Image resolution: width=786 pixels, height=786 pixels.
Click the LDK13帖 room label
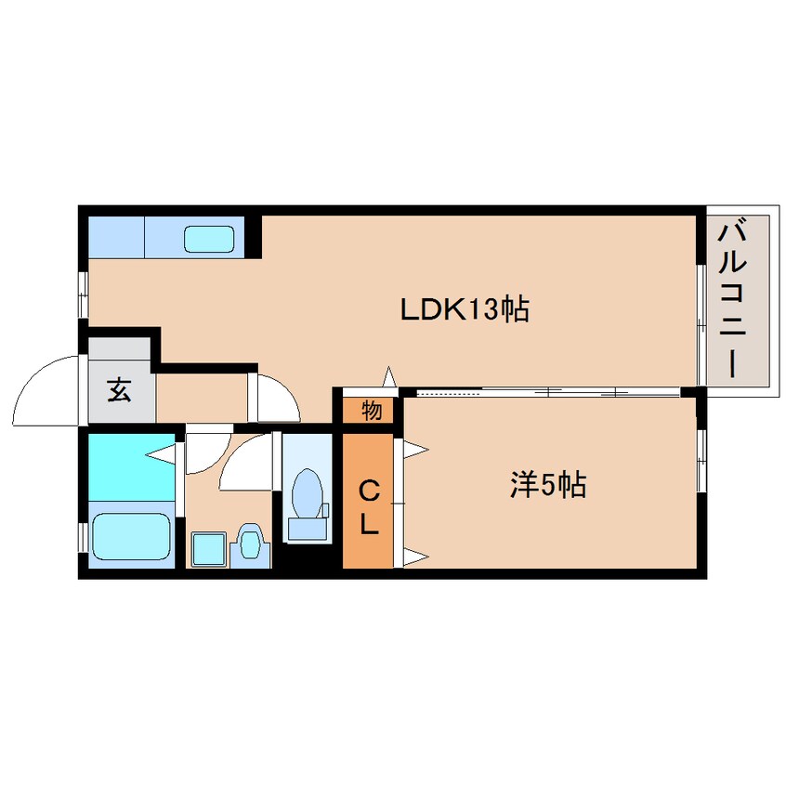tap(465, 309)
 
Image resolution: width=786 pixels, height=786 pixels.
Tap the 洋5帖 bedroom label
tap(548, 485)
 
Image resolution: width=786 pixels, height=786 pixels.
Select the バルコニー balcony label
tap(732, 301)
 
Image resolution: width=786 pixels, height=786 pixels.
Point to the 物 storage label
tap(372, 411)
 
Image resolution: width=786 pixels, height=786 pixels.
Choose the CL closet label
tap(369, 506)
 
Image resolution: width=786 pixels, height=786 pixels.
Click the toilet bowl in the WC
tap(307, 493)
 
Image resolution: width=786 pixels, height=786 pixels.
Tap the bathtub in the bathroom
tap(131, 536)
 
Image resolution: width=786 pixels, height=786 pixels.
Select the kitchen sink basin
tap(209, 239)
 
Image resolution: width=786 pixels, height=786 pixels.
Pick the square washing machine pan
tap(208, 549)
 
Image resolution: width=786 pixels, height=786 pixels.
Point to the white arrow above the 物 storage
tap(389, 376)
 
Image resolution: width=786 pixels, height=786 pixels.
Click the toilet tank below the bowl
tap(308, 530)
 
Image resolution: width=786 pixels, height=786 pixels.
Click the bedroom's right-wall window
tap(701, 461)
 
